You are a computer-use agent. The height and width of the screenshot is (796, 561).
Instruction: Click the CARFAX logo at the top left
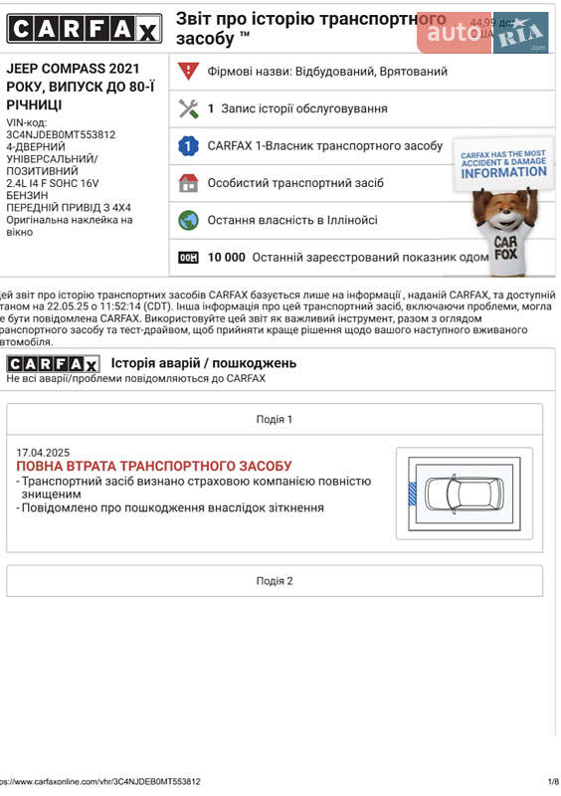[x=84, y=29]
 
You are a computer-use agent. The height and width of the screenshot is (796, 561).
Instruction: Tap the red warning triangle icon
[x=188, y=72]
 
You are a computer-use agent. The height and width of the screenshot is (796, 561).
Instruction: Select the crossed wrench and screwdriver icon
[x=188, y=108]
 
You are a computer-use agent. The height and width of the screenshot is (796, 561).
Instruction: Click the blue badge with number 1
[x=188, y=146]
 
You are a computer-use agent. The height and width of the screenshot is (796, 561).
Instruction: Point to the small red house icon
[x=188, y=183]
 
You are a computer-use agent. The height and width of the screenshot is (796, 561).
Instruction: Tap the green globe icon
[x=188, y=220]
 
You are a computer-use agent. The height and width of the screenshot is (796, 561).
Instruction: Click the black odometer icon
[x=188, y=258]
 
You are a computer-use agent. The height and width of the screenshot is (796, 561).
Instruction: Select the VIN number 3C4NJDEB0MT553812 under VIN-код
[x=61, y=135]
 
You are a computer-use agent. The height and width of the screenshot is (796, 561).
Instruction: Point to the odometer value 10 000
[x=226, y=258]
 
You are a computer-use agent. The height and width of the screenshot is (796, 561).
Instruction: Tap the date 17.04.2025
[x=43, y=453]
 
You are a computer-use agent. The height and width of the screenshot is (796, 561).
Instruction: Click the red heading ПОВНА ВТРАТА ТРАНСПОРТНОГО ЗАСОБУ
[x=154, y=466]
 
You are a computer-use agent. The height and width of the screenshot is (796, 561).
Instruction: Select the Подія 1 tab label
[x=275, y=420]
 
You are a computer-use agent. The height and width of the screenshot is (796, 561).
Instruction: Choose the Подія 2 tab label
[x=275, y=581]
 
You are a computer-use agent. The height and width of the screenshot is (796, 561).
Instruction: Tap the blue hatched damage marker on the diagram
[x=413, y=492]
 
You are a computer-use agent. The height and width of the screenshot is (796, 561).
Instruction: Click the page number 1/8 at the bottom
[x=552, y=782]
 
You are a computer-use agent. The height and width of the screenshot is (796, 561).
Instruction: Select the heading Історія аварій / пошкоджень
[x=203, y=363]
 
